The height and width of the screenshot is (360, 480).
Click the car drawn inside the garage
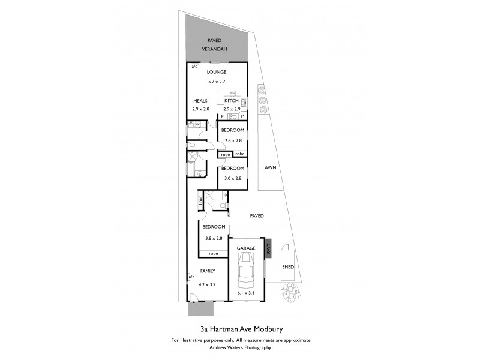[x=247, y=271]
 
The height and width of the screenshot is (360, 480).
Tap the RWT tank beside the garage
[x=269, y=247]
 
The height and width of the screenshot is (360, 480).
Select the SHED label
[x=288, y=266]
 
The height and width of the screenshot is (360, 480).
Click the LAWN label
[x=269, y=169]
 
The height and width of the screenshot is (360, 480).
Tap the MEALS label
[x=200, y=101]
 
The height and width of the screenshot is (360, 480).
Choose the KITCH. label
[x=232, y=101]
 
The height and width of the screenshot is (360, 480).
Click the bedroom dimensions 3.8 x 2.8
[x=213, y=238]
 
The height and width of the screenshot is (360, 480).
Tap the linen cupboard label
[x=200, y=202]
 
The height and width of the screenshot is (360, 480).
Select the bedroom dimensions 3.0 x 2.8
[x=232, y=178]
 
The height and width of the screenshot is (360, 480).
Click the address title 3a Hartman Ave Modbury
[x=240, y=329]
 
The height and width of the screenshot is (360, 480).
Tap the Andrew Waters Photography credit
[x=240, y=347]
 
